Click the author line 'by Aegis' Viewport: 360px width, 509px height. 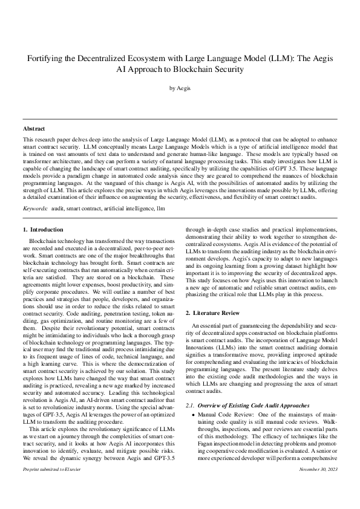tap(180, 88)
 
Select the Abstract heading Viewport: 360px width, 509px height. tap(33, 129)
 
